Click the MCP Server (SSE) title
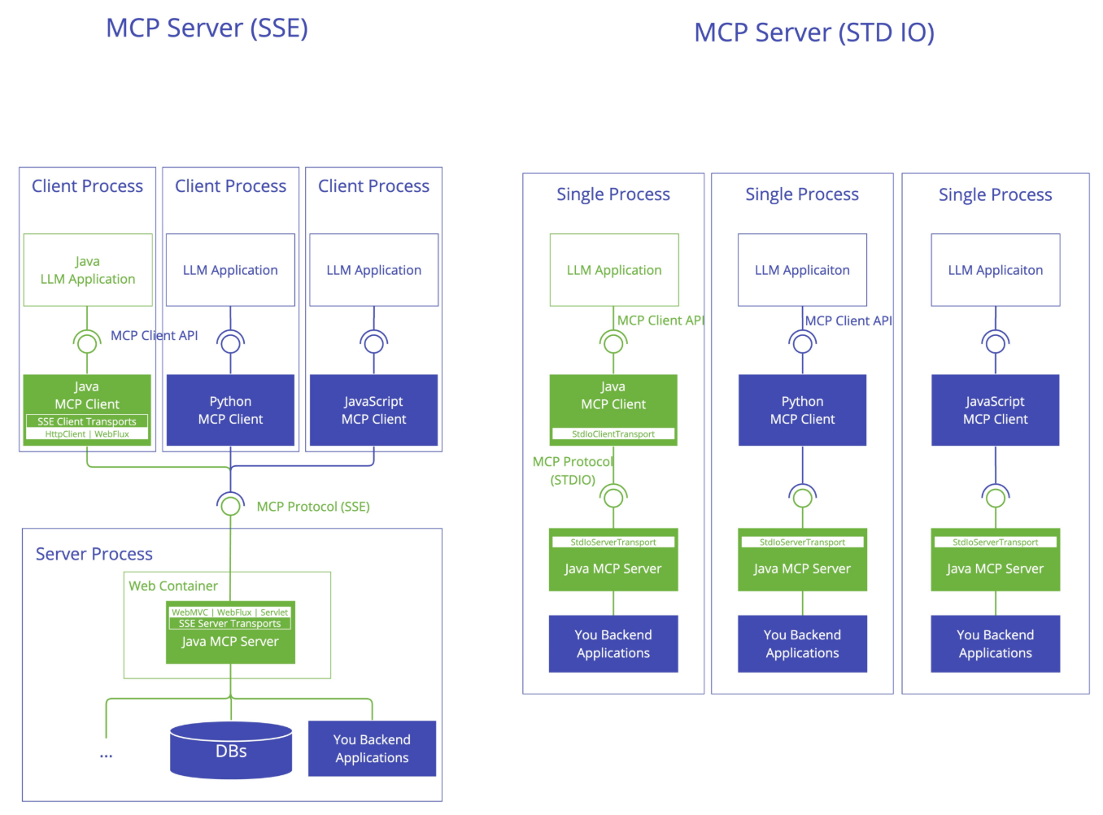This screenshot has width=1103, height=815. pyautogui.click(x=207, y=28)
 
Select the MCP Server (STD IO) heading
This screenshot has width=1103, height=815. pyautogui.click(x=813, y=33)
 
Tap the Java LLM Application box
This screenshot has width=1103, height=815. pyautogui.click(x=88, y=269)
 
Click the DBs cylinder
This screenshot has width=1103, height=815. pyautogui.click(x=231, y=750)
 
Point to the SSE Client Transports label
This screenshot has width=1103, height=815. pyautogui.click(x=86, y=421)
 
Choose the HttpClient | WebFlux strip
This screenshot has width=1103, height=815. pyautogui.click(x=86, y=434)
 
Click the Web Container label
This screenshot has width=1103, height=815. pyautogui.click(x=173, y=586)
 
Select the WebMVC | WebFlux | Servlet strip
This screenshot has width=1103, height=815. pyautogui.click(x=229, y=612)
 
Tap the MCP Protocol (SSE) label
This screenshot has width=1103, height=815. pyautogui.click(x=313, y=506)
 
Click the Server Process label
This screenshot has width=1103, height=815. pyautogui.click(x=94, y=553)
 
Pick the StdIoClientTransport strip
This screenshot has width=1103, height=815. pyautogui.click(x=613, y=434)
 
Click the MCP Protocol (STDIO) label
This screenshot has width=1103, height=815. pyautogui.click(x=573, y=470)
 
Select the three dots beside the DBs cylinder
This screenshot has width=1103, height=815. pyautogui.click(x=106, y=756)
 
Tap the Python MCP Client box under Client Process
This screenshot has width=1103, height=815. pyautogui.click(x=230, y=410)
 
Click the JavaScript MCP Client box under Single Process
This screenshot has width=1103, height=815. pyautogui.click(x=995, y=410)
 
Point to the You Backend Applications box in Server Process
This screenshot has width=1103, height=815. pyautogui.click(x=372, y=748)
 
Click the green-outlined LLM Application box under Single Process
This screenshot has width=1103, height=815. pyautogui.click(x=613, y=269)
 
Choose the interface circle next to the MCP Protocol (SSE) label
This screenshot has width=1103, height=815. pyautogui.click(x=230, y=506)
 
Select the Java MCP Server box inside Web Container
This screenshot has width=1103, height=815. pyautogui.click(x=230, y=632)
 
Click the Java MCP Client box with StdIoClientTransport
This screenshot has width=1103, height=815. pyautogui.click(x=613, y=410)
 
